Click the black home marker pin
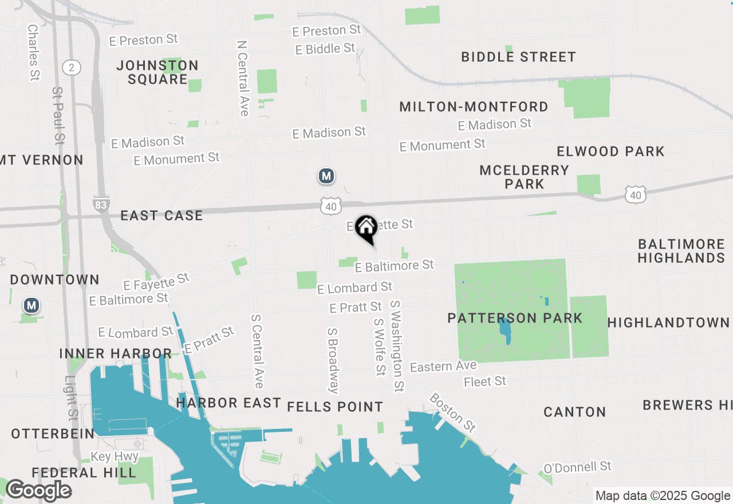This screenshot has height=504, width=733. pyautogui.click(x=366, y=228)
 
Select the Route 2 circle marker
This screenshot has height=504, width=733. pyautogui.click(x=71, y=68)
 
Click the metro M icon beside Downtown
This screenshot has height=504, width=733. pyautogui.click(x=31, y=306)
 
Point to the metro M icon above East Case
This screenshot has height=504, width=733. pyautogui.click(x=326, y=176)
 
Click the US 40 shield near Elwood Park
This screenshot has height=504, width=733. pyautogui.click(x=636, y=195)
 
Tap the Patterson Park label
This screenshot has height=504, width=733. pyautogui.click(x=515, y=318)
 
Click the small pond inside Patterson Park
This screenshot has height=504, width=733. pyautogui.click(x=505, y=331)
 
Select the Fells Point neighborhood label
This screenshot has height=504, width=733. pyautogui.click(x=335, y=407)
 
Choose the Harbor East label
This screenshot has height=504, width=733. pyautogui.click(x=228, y=403)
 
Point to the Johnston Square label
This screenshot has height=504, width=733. pyautogui.click(x=157, y=72)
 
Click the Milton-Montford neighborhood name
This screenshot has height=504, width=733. pyautogui.click(x=474, y=107)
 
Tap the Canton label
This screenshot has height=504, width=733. pyautogui.click(x=574, y=412)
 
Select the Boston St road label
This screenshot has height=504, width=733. pyautogui.click(x=453, y=412)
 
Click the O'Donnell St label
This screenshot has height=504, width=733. pyautogui.click(x=577, y=467)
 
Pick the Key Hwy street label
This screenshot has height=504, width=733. pyautogui.click(x=115, y=456)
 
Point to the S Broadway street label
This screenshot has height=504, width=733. pyautogui.click(x=333, y=361)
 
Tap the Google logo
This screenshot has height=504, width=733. pyautogui.click(x=38, y=491)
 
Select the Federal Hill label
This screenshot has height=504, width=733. pyautogui.click(x=84, y=472)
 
